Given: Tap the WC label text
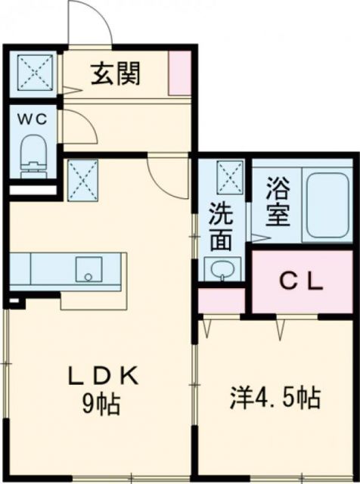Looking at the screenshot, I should (x=33, y=119).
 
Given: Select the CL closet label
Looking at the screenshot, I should (x=302, y=283).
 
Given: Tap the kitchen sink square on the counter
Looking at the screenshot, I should (x=89, y=268).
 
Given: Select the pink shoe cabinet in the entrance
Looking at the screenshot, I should (x=180, y=73).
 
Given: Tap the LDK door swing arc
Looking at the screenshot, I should (x=166, y=175).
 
